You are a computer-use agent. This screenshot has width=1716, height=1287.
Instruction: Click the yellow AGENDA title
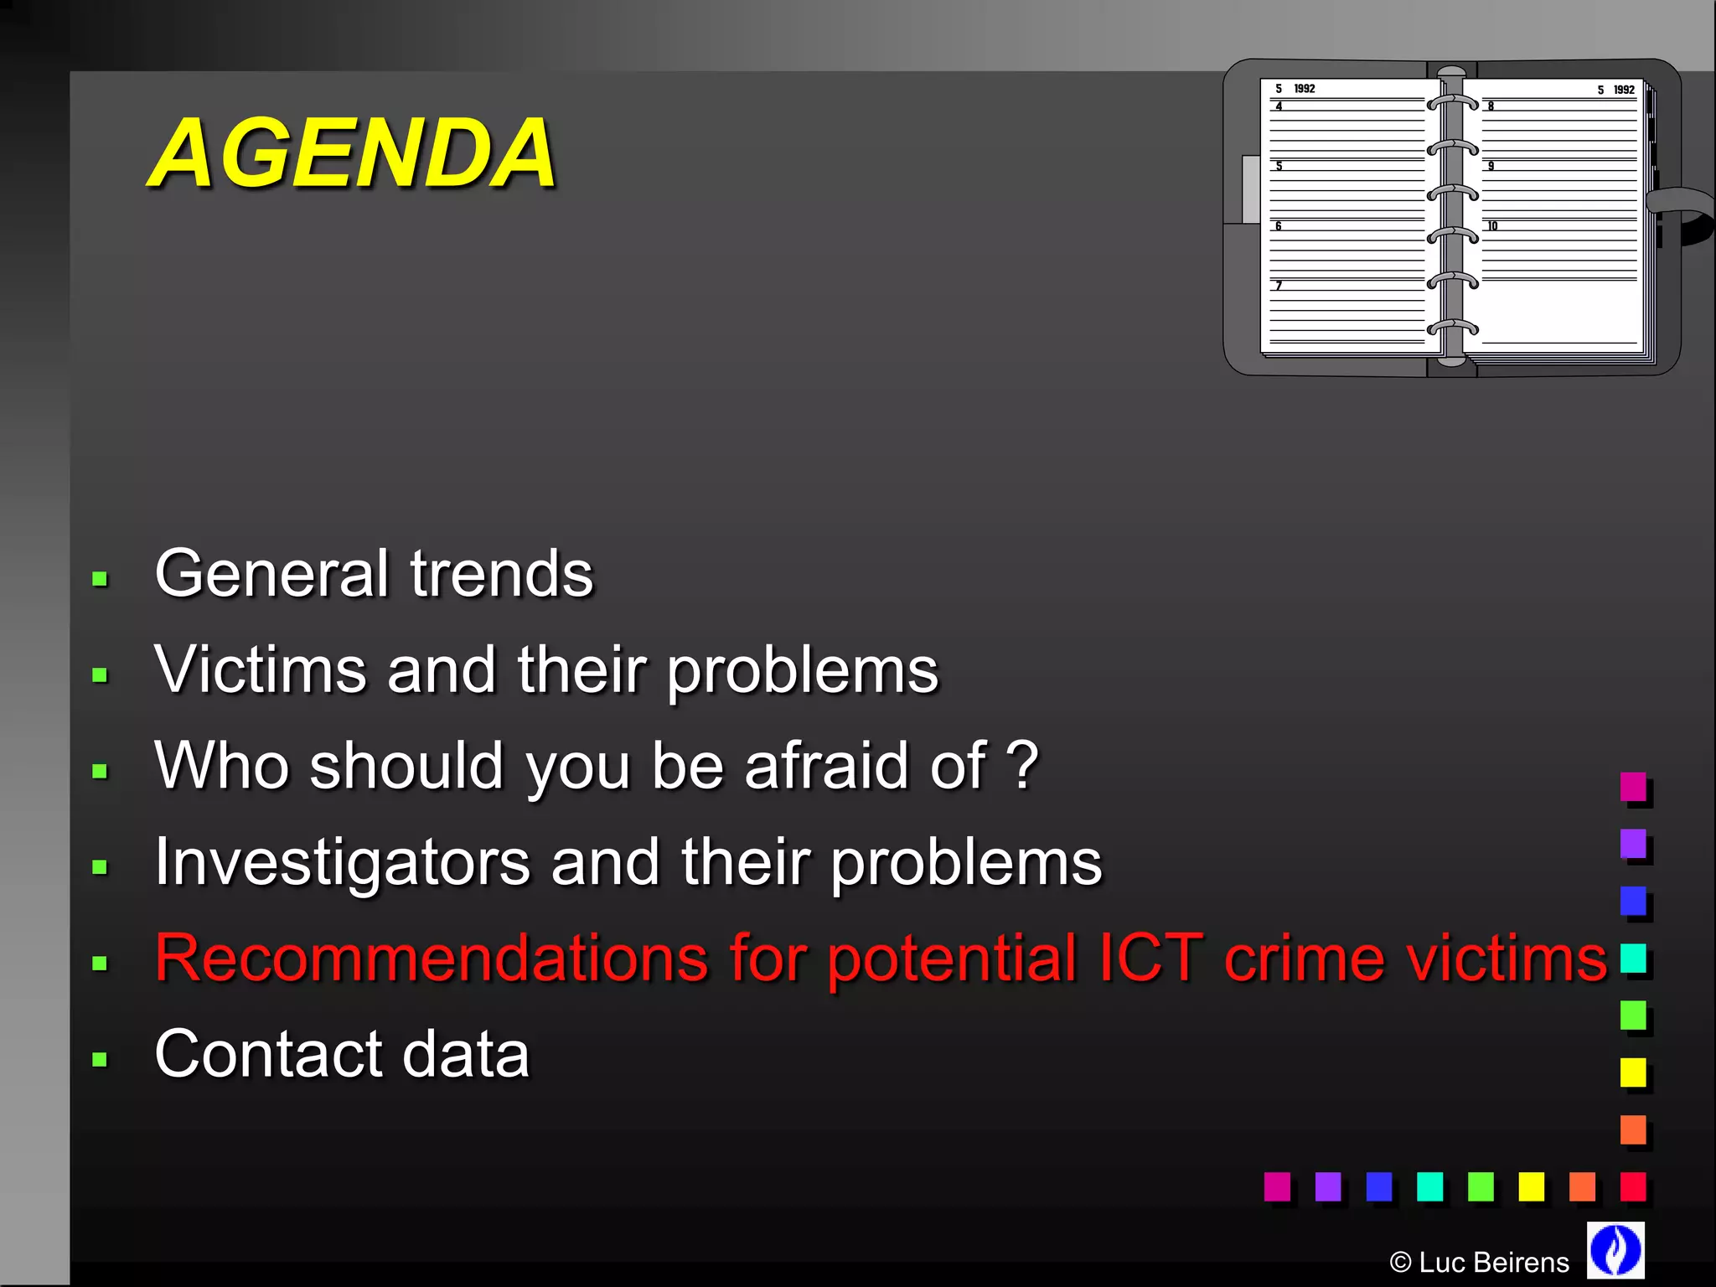pyautogui.click(x=352, y=153)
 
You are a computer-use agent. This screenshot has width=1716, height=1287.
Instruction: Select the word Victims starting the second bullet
pyautogui.click(x=261, y=670)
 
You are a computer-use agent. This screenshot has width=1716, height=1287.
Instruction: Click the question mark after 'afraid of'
pyautogui.click(x=1022, y=766)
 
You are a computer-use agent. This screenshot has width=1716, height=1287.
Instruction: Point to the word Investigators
pyautogui.click(x=342, y=862)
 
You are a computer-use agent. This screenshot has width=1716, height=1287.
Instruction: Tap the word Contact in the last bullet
pyautogui.click(x=267, y=1054)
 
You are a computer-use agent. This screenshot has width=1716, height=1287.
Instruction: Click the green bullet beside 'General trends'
pyautogui.click(x=100, y=579)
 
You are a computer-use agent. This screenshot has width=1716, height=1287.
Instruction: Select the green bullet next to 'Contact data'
pyautogui.click(x=100, y=1059)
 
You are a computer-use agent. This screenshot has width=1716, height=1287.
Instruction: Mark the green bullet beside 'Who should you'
pyautogui.click(x=100, y=771)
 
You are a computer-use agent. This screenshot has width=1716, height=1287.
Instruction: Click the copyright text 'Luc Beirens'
pyautogui.click(x=1493, y=1262)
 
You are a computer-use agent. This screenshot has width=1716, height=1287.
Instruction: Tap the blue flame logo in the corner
pyautogui.click(x=1615, y=1250)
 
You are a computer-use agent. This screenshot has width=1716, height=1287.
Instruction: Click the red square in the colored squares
pyautogui.click(x=1633, y=1186)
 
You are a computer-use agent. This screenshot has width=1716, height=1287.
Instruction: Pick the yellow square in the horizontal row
pyautogui.click(x=1531, y=1186)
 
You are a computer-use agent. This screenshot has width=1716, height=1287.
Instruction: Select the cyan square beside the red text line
pyautogui.click(x=1633, y=958)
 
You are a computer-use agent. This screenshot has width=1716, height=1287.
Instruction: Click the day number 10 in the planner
pyautogui.click(x=1492, y=226)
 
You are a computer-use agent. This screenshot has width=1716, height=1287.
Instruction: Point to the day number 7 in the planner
pyautogui.click(x=1279, y=286)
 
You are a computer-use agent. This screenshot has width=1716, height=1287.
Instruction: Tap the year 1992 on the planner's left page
pyautogui.click(x=1305, y=89)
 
